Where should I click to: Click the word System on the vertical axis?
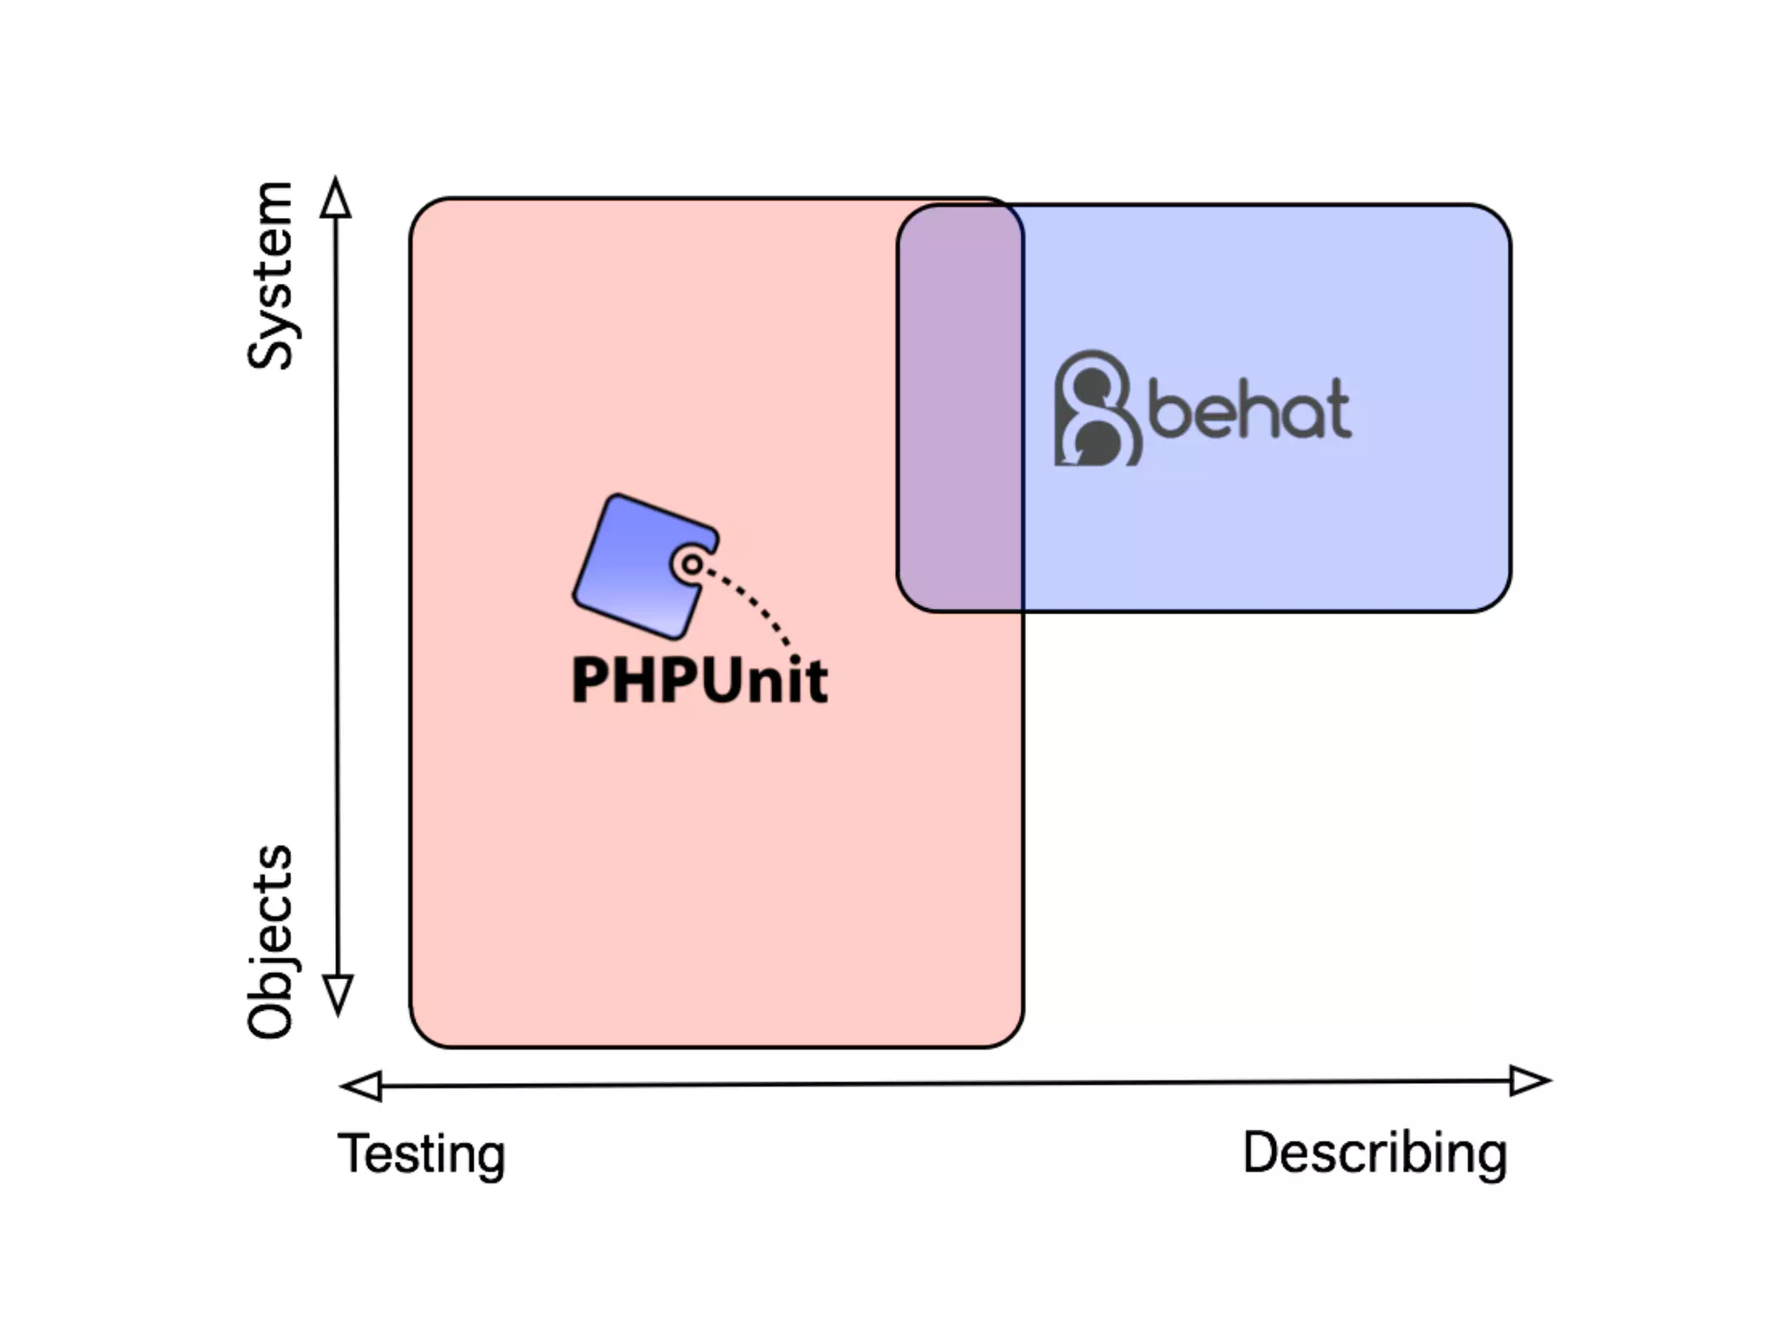coord(271,276)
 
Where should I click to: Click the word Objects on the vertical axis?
coord(271,941)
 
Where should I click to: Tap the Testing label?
coord(422,1155)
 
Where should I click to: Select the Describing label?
coord(1374,1153)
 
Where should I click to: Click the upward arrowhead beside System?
coord(336,197)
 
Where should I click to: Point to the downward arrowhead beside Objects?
coord(338,994)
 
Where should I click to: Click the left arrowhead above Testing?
coord(362,1086)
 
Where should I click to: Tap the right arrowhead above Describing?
coord(1529,1080)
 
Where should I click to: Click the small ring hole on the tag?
coord(692,565)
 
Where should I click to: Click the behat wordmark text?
coord(1250,409)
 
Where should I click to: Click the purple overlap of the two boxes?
coord(960,408)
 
